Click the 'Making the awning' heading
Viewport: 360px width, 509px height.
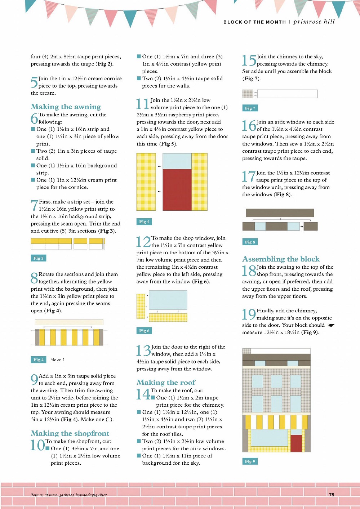[x=66, y=107]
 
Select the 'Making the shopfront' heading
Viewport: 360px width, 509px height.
[x=70, y=433]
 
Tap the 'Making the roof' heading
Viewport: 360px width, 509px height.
[x=166, y=382]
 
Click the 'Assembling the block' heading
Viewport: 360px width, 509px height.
[x=281, y=259]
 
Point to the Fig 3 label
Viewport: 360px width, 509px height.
[x=39, y=258]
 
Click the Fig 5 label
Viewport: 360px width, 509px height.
[x=144, y=222]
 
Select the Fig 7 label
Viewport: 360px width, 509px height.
[x=250, y=108]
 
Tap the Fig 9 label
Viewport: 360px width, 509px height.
[x=250, y=461]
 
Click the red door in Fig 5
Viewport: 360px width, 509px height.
[x=177, y=190]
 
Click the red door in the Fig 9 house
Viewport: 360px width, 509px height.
[x=296, y=443]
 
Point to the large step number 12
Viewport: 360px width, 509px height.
[x=144, y=242]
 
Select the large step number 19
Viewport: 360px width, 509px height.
[x=249, y=314]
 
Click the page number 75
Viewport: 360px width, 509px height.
[x=332, y=495]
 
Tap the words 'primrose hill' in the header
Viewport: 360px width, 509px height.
[x=314, y=22]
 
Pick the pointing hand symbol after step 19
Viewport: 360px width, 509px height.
[x=332, y=325]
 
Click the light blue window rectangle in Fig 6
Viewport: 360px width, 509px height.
[x=168, y=300]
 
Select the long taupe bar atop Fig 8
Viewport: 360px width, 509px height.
[x=280, y=213]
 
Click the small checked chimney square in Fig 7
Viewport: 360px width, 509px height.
[x=248, y=94]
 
